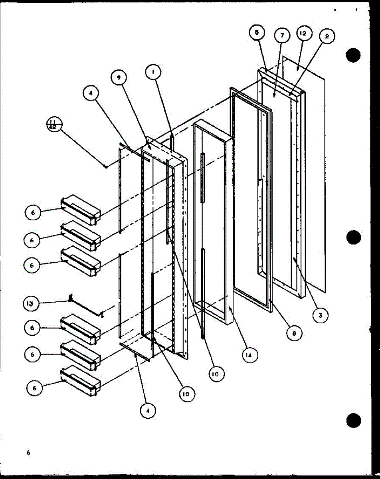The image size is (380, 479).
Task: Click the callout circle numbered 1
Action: point(153,72)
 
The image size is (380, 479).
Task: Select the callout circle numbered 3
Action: point(320,315)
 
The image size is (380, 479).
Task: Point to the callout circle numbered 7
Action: point(282,36)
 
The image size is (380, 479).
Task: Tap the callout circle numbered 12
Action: point(303,35)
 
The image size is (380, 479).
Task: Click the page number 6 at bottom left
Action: point(28,452)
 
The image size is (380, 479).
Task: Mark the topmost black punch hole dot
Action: point(353,55)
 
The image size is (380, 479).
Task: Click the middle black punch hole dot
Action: point(353,238)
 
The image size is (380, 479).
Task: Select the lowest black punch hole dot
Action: point(353,420)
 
